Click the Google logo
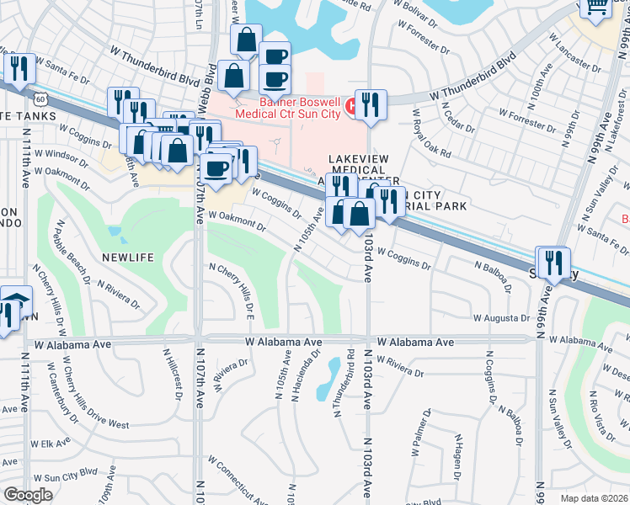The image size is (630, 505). (x=28, y=494)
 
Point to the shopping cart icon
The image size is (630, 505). (x=597, y=8)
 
